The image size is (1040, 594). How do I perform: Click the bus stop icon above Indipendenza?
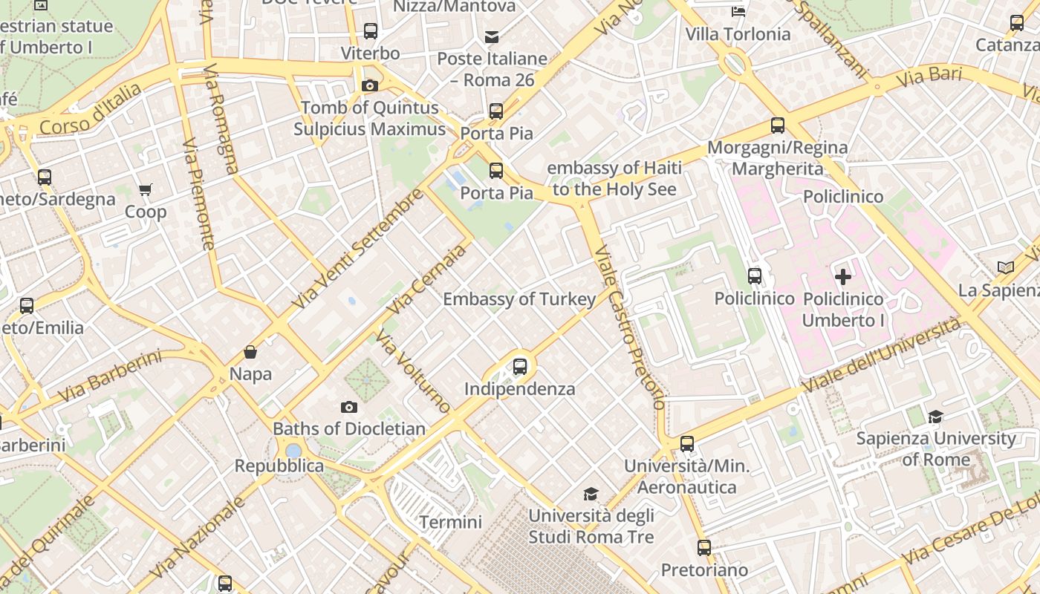pos(520,366)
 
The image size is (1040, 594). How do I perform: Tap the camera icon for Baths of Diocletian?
pos(349,407)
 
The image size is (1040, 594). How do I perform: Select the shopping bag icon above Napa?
pos(250,352)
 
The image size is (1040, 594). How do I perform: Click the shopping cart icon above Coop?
pos(146,190)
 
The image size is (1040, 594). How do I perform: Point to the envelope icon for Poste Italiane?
pos(492,37)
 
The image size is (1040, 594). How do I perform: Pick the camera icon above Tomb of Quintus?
pos(369,85)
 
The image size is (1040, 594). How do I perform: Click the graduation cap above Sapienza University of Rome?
pos(935,417)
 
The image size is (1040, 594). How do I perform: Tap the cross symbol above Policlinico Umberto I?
pos(843,277)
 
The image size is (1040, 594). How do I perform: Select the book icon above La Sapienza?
pos(1006,267)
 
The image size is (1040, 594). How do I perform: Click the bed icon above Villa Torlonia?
pos(738,11)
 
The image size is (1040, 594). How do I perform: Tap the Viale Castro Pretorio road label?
pos(630,327)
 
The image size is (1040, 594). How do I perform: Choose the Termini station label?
pos(450,522)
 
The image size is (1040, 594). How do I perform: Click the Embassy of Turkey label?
pos(519,299)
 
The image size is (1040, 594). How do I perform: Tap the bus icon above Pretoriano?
pos(704,548)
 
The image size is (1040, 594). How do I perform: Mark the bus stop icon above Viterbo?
pos(371,31)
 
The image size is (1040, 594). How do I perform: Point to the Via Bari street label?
pos(929,77)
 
